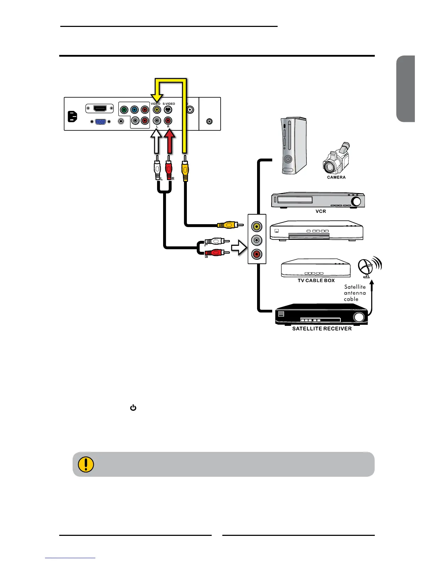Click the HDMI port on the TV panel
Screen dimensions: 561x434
click(100, 108)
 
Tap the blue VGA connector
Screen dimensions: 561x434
click(100, 121)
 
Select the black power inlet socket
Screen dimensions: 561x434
click(72, 117)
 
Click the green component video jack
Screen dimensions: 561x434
click(124, 110)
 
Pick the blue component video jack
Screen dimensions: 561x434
click(134, 110)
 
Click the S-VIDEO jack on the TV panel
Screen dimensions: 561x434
click(168, 110)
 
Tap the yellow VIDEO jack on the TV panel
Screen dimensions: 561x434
click(157, 110)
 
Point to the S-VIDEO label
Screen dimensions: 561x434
click(169, 104)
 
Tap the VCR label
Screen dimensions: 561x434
click(321, 211)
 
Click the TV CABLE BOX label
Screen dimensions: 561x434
click(316, 280)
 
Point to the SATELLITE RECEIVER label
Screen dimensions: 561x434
click(322, 329)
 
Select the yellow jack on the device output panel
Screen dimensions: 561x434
click(256, 226)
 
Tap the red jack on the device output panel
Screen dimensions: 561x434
click(256, 254)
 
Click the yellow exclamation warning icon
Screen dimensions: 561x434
click(85, 464)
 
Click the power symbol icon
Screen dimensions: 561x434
click(133, 408)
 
